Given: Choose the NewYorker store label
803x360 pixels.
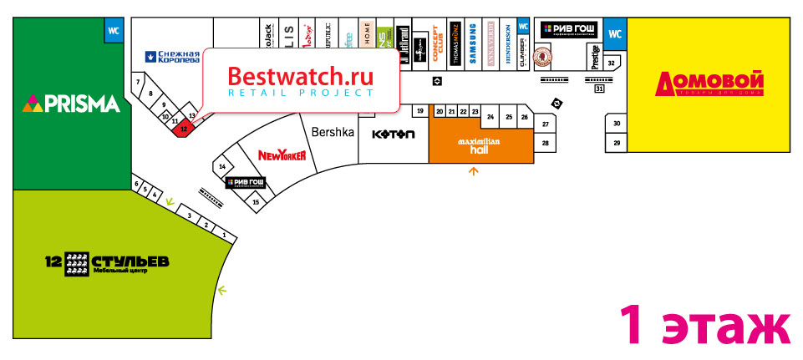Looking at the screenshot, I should pos(282,155).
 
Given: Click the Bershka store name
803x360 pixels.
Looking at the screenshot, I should pos(333,132).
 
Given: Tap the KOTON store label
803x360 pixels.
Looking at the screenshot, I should pos(393,135).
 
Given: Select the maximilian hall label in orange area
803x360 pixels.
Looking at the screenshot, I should pos(479,145).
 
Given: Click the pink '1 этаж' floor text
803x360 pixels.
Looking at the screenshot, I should pos(704,324).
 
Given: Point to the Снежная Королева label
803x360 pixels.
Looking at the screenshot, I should pos(173,57).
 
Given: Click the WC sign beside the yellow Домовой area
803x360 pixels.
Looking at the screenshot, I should pos(616,34).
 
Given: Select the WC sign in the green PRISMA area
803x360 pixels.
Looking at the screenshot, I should pos(113,32).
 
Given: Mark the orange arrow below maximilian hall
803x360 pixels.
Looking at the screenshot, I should pos(475,172).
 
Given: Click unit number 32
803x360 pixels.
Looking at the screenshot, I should pos(612,63).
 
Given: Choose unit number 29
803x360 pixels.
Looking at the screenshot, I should pos(617,144).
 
